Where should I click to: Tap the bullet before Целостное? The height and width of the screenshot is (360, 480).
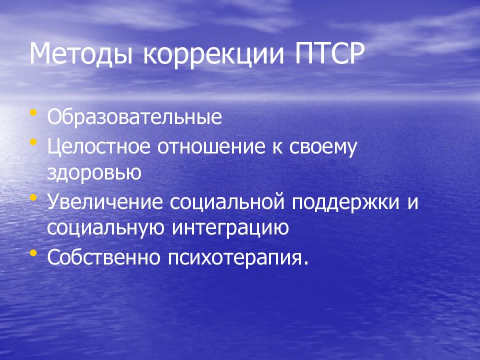(33, 142)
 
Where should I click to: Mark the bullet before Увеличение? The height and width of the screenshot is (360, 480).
(33, 197)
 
